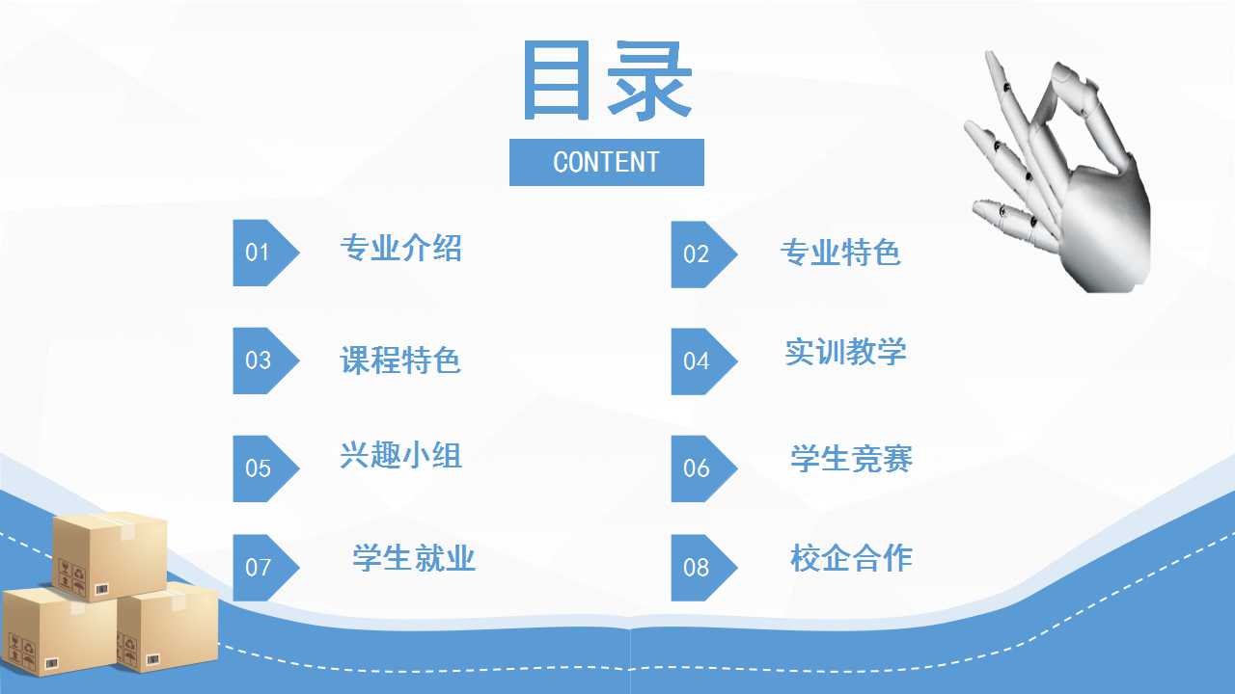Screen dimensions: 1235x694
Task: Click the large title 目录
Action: pos(607,80)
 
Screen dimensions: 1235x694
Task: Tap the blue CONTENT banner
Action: pos(607,163)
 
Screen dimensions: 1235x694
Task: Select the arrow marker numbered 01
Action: pos(265,253)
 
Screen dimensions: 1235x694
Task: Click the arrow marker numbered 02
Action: pos(704,254)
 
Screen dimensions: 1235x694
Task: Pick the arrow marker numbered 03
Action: pos(265,360)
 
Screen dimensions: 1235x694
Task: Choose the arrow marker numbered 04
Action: pos(704,361)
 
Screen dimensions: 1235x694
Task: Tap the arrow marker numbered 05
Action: pos(265,468)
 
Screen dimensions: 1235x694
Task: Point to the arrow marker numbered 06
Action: pos(704,468)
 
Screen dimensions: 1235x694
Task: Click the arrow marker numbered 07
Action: pos(265,568)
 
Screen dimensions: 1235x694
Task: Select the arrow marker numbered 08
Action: pos(704,568)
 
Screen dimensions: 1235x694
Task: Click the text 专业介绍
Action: pos(400,248)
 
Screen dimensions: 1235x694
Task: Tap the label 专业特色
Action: pos(840,253)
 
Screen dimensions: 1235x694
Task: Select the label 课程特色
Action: pos(400,360)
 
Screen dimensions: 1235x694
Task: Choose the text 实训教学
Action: pos(846,351)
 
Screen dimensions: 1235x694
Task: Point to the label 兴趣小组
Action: pos(400,455)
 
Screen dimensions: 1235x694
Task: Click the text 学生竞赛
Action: pos(851,458)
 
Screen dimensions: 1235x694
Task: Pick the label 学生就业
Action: pos(414,557)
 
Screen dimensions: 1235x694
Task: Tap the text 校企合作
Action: pos(851,557)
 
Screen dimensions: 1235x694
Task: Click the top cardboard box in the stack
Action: pos(110,556)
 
